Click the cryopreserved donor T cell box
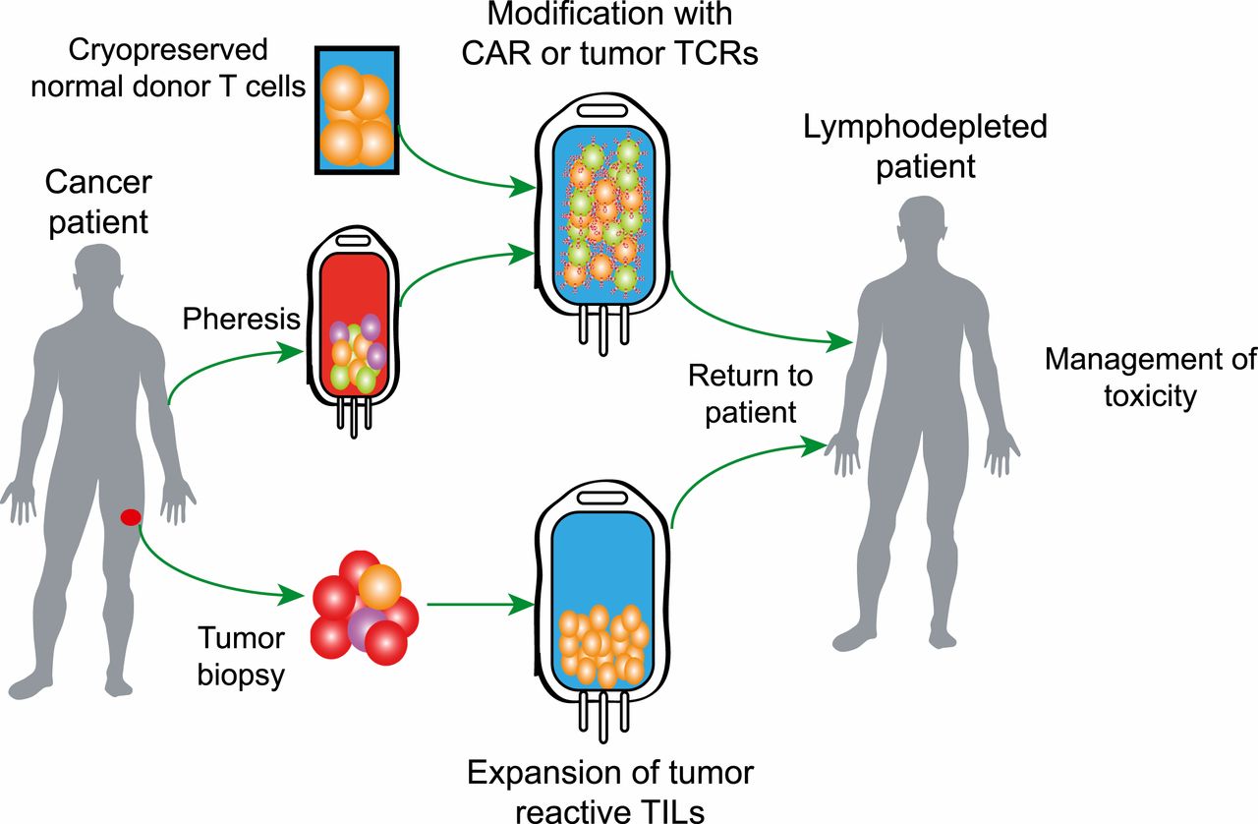tap(357, 109)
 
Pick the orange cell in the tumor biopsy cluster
tap(379, 586)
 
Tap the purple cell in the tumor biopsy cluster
tap(366, 625)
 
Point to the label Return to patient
tap(750, 392)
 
